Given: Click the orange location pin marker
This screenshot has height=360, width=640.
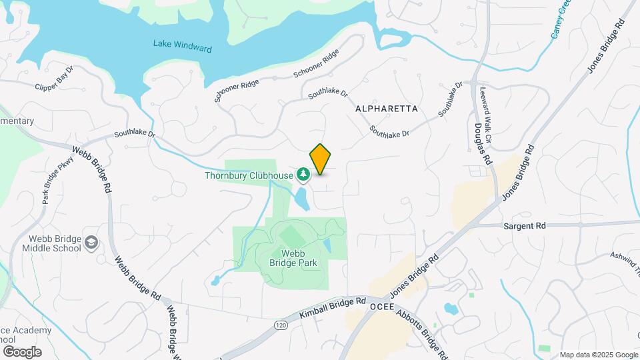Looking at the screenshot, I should tap(320, 159).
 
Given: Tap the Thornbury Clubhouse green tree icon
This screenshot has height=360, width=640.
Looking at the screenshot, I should tap(303, 175).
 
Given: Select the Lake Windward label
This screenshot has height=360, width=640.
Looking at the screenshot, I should tap(182, 45).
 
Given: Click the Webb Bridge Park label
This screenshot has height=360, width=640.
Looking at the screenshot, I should tap(293, 258).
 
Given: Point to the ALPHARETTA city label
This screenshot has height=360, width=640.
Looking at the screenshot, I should tap(387, 108).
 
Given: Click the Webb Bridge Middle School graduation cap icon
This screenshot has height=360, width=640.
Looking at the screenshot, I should tap(91, 244).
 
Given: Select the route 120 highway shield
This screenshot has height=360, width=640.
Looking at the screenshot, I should tap(280, 324).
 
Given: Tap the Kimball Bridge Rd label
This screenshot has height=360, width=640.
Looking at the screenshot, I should tap(333, 311).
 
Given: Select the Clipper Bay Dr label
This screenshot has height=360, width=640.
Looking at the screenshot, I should tap(63, 77).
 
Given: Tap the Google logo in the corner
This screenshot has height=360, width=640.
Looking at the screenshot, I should tap(22, 351).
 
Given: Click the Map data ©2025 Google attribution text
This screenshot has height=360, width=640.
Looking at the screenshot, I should tap(599, 355).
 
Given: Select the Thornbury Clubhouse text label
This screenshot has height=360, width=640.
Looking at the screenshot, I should tap(249, 176).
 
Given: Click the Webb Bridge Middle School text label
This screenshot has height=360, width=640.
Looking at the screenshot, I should tap(55, 245).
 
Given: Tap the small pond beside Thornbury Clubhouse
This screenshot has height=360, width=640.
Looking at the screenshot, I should tap(301, 198).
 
